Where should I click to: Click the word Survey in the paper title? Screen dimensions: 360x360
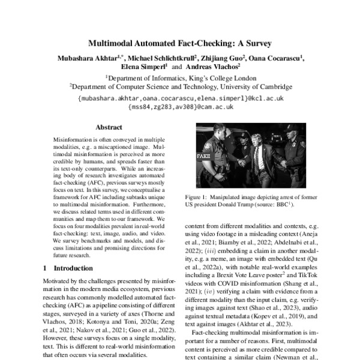pyautogui.click(x=257, y=43)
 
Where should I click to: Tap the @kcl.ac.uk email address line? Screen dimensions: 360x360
pyautogui.click(x=180, y=98)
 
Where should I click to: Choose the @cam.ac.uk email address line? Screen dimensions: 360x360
pyautogui.click(x=180, y=107)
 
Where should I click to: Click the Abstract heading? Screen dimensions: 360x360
pyautogui.click(x=109, y=127)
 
